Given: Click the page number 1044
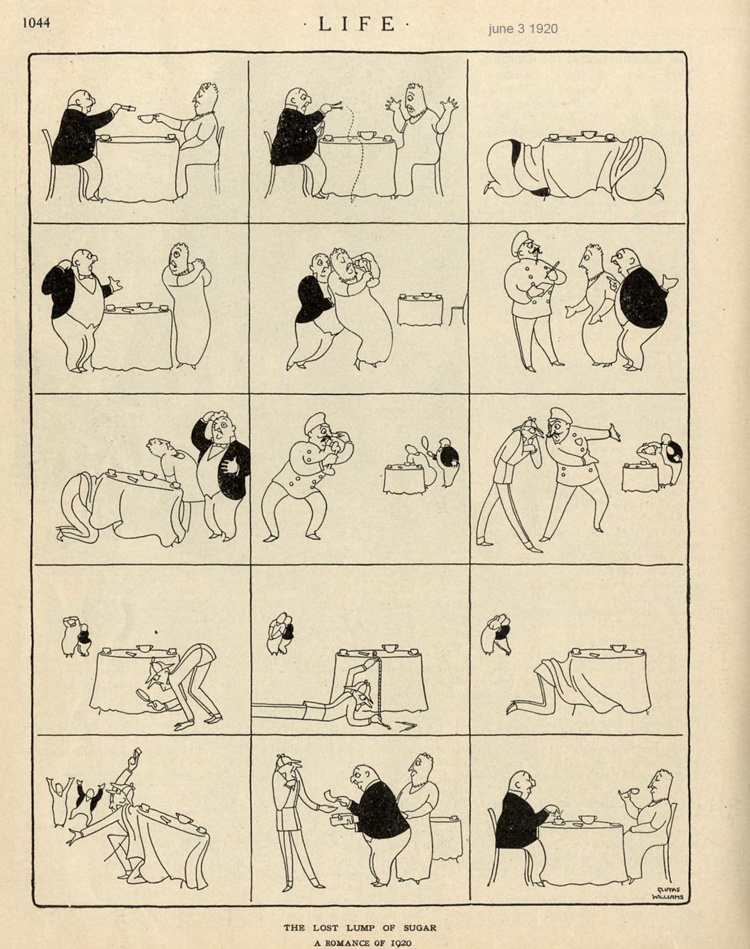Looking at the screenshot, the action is [36, 22].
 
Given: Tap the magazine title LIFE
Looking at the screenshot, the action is [357, 24].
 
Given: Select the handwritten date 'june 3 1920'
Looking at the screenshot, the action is [522, 29].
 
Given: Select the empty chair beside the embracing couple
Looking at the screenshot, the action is [458, 310].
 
